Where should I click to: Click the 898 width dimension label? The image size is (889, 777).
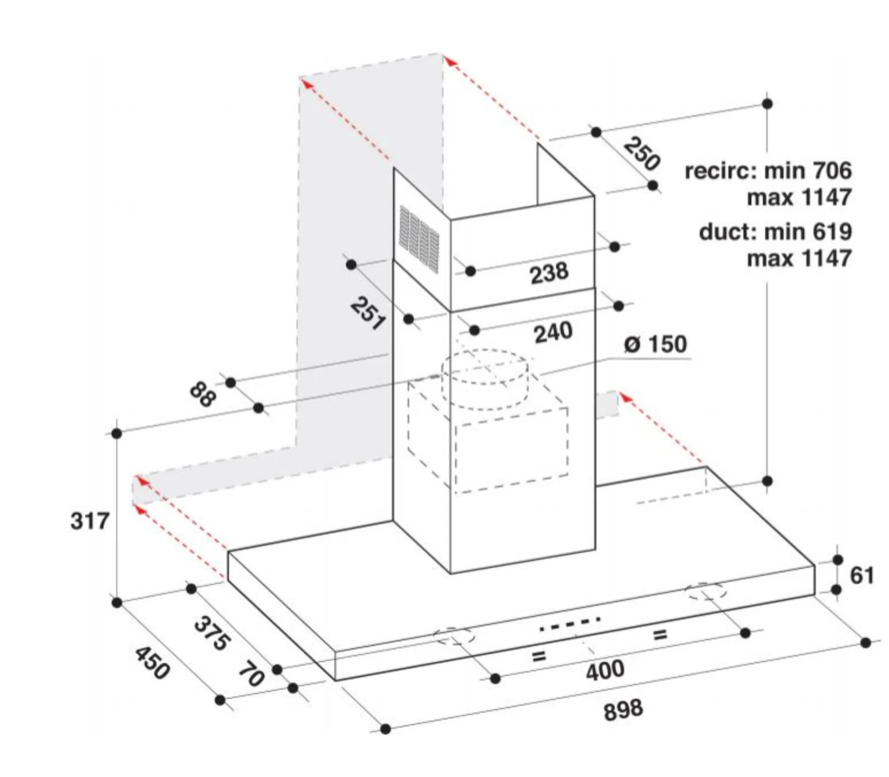coord(623,711)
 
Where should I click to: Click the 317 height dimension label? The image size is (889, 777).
coord(90,520)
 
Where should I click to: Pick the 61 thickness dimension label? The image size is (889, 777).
coord(862,576)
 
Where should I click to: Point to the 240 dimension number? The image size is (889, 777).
coord(553,333)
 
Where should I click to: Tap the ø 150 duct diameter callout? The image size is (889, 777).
coord(655,344)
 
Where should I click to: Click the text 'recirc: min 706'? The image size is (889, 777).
coord(768,170)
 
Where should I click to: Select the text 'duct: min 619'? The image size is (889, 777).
coord(775,231)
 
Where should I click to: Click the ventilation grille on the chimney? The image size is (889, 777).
coord(419,237)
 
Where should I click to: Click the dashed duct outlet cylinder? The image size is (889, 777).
coord(484,379)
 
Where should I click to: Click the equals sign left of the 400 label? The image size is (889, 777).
coord(538,656)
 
